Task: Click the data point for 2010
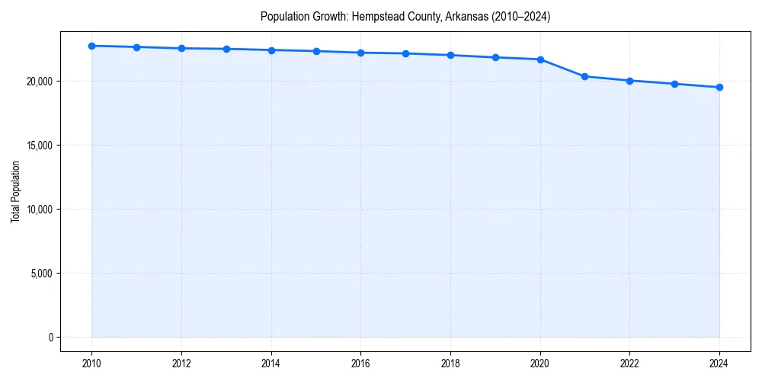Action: coord(91,46)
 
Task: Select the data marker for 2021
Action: coord(584,76)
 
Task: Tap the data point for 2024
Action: coord(719,87)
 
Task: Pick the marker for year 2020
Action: coord(540,59)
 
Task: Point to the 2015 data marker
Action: coord(316,51)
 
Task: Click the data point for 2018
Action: coord(450,55)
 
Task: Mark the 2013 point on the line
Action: coord(226,49)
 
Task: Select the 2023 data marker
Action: coord(674,84)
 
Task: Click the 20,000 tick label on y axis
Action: coord(38,82)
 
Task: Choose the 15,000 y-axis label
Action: coord(38,146)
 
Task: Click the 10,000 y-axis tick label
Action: coord(38,210)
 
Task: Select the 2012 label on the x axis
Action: coord(181,363)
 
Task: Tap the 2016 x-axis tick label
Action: coord(361,363)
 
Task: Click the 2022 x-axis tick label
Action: coord(629,363)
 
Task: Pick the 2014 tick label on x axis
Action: coord(271,363)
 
